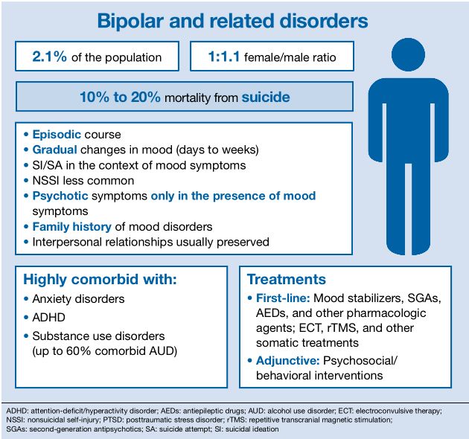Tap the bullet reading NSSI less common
point(83,181)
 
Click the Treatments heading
point(286,280)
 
